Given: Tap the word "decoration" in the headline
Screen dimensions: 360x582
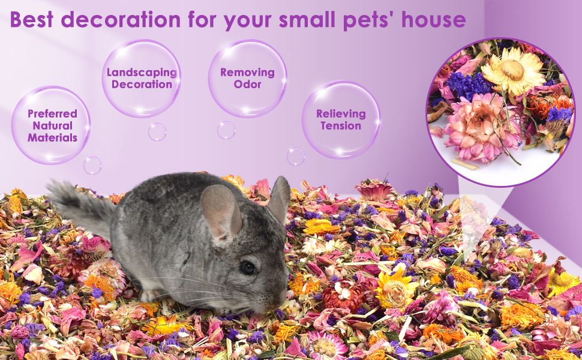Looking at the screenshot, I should click(120, 20).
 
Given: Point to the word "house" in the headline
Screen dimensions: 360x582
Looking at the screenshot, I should click(434, 20).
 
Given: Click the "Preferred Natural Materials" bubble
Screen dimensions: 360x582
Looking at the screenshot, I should click(52, 125).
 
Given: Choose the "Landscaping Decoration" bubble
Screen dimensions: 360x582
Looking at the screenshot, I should click(142, 79).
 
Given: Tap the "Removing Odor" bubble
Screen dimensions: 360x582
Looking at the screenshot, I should click(247, 79).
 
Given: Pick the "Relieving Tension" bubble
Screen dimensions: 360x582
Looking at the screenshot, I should click(341, 120).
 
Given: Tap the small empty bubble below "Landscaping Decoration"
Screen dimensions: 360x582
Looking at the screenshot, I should click(157, 132).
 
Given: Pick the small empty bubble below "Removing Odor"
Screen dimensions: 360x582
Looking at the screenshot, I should click(226, 130).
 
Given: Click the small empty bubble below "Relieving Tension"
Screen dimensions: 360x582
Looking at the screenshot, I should click(296, 157).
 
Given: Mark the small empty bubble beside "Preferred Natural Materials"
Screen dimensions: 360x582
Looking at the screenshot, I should click(92, 165).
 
